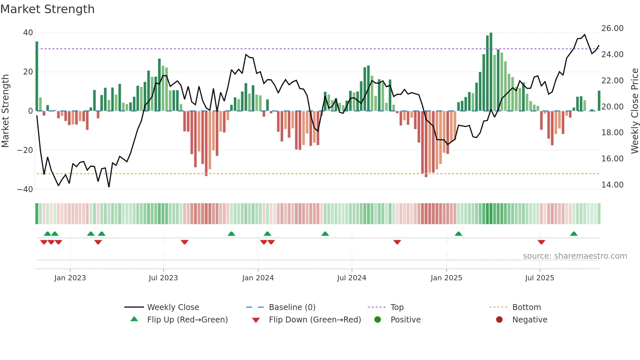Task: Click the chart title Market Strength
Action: pyautogui.click(x=47, y=9)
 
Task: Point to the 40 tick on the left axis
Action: pyautogui.click(x=28, y=33)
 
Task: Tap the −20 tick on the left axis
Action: pyautogui.click(x=25, y=150)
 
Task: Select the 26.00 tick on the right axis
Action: pyautogui.click(x=612, y=28)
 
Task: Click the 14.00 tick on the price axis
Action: pyautogui.click(x=612, y=185)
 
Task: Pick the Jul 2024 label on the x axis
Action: pyautogui.click(x=351, y=278)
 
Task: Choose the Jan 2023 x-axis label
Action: pyautogui.click(x=70, y=278)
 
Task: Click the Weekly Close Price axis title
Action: pyautogui.click(x=634, y=111)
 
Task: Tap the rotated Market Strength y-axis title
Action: pyautogui.click(x=6, y=111)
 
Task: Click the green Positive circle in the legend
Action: pyautogui.click(x=378, y=320)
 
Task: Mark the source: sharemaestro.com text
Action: pyautogui.click(x=575, y=256)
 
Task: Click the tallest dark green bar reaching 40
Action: pyautogui.click(x=491, y=72)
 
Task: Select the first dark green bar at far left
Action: pyautogui.click(x=37, y=76)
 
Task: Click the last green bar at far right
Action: pyautogui.click(x=599, y=101)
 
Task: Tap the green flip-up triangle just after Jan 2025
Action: pyautogui.click(x=458, y=234)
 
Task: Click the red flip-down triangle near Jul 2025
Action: pyautogui.click(x=541, y=242)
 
